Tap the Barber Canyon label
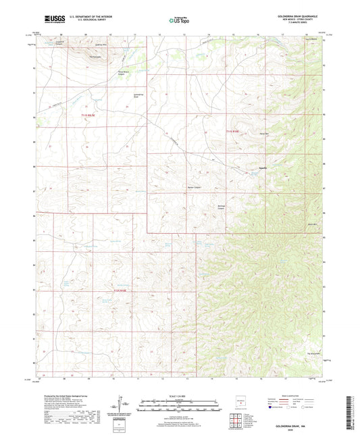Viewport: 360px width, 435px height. point(194,187)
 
